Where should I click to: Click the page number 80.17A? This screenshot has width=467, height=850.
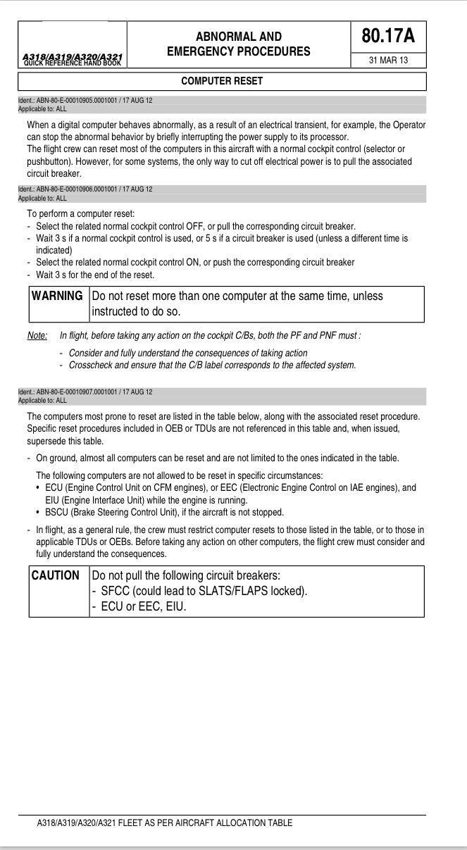[x=388, y=36]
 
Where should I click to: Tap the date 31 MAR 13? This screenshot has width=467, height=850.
[x=389, y=61]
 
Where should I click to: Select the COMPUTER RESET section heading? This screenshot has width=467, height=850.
[x=222, y=81]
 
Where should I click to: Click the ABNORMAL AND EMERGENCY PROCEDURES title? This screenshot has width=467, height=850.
[x=238, y=44]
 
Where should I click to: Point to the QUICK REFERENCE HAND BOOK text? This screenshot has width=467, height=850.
[x=73, y=63]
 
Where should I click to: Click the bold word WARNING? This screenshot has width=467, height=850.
[x=57, y=296]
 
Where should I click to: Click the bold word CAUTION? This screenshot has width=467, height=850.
[x=56, y=575]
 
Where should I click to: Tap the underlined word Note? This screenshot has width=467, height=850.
[x=37, y=335]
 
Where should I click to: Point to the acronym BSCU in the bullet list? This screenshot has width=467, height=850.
[x=58, y=512]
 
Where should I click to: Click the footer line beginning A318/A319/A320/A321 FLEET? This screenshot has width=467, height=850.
[x=164, y=823]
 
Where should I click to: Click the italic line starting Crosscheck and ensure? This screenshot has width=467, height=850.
[x=212, y=365]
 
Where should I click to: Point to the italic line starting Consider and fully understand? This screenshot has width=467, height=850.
[x=188, y=353]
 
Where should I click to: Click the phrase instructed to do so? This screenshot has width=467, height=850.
[x=134, y=311]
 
